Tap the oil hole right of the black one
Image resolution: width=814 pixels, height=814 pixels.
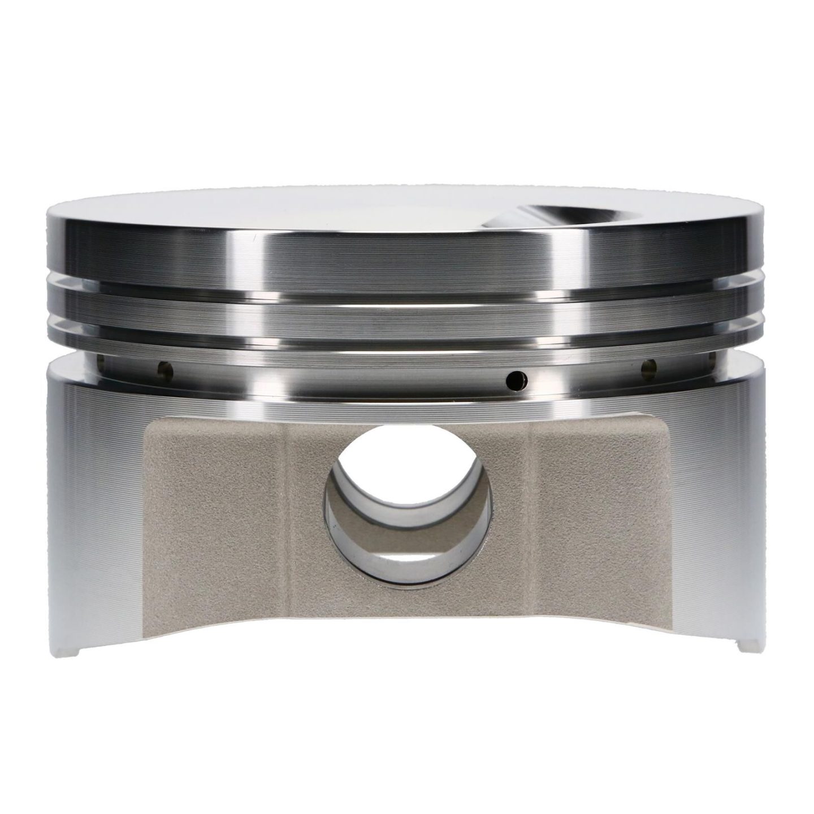[648, 368]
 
